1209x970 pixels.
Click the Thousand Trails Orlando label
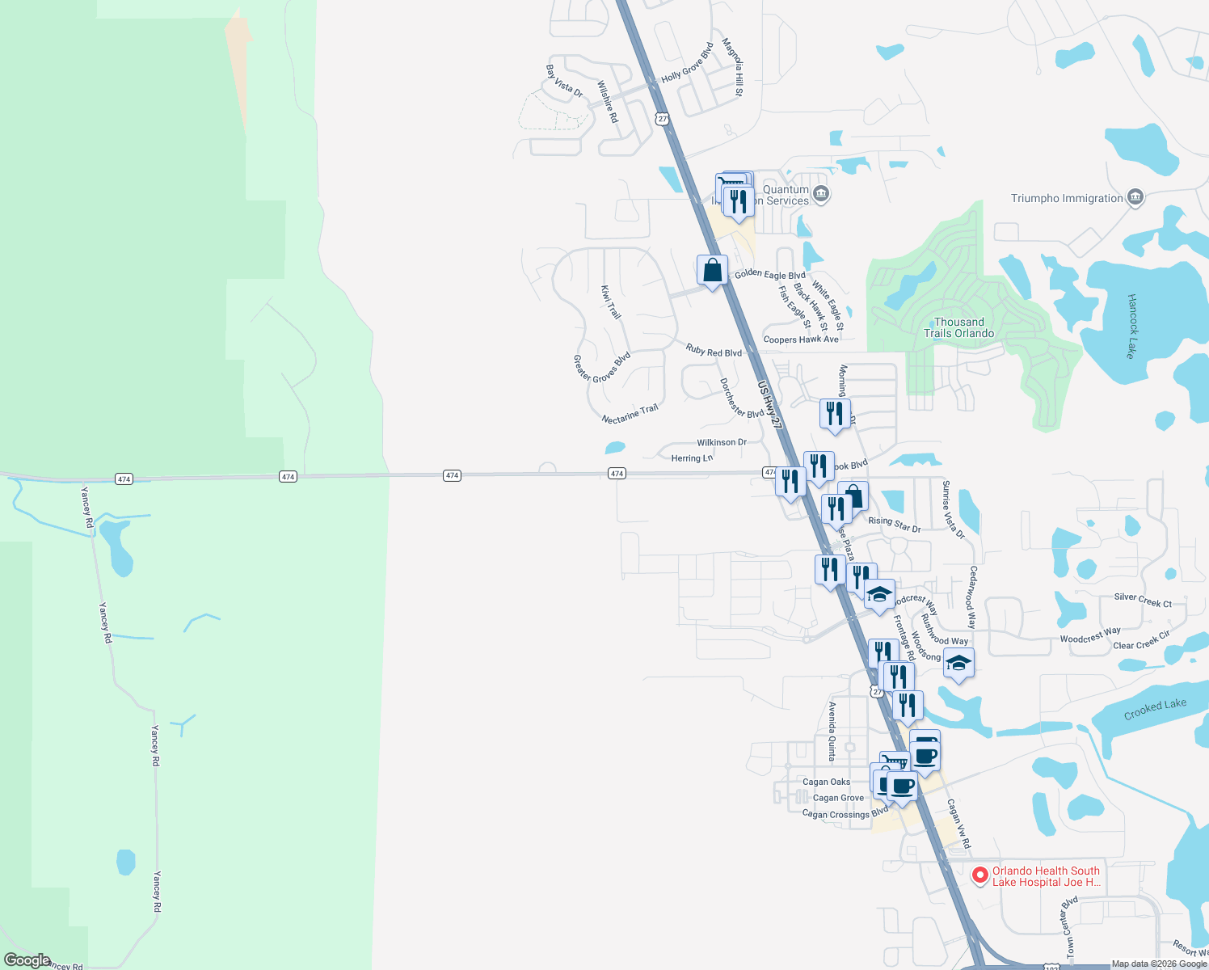click(x=958, y=327)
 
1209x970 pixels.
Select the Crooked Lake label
click(x=1155, y=709)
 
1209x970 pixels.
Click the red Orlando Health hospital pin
click(x=979, y=875)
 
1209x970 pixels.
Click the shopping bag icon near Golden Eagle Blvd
click(x=712, y=271)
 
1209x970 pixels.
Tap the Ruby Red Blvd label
click(x=714, y=351)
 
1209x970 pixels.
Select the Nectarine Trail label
click(x=630, y=414)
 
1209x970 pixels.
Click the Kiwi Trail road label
click(x=611, y=302)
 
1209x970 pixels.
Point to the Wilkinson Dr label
click(x=722, y=442)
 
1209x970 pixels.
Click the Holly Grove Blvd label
click(x=687, y=63)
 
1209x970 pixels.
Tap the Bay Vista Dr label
click(x=564, y=82)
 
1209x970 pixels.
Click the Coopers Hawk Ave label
click(x=801, y=339)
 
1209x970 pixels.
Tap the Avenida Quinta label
click(x=832, y=731)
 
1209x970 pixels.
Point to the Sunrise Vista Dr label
click(x=953, y=509)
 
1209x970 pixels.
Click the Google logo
click(x=27, y=959)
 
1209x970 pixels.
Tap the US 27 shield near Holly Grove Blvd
click(x=663, y=119)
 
